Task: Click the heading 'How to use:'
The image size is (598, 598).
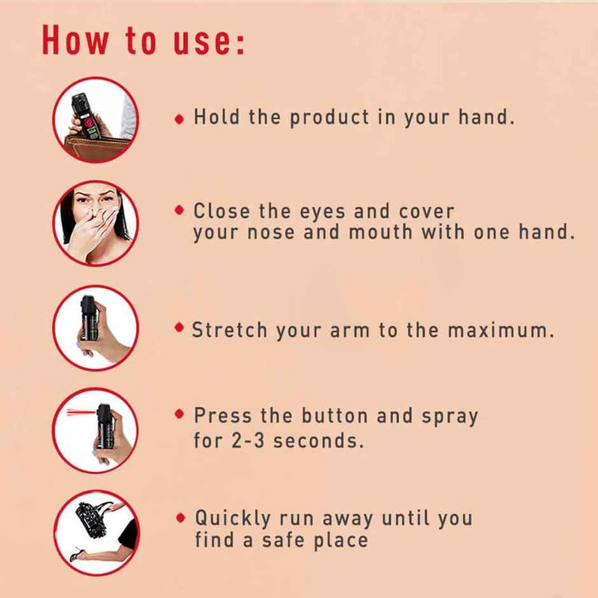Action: (143, 41)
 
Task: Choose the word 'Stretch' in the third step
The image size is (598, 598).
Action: (230, 331)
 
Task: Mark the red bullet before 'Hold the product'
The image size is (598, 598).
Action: (180, 118)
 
